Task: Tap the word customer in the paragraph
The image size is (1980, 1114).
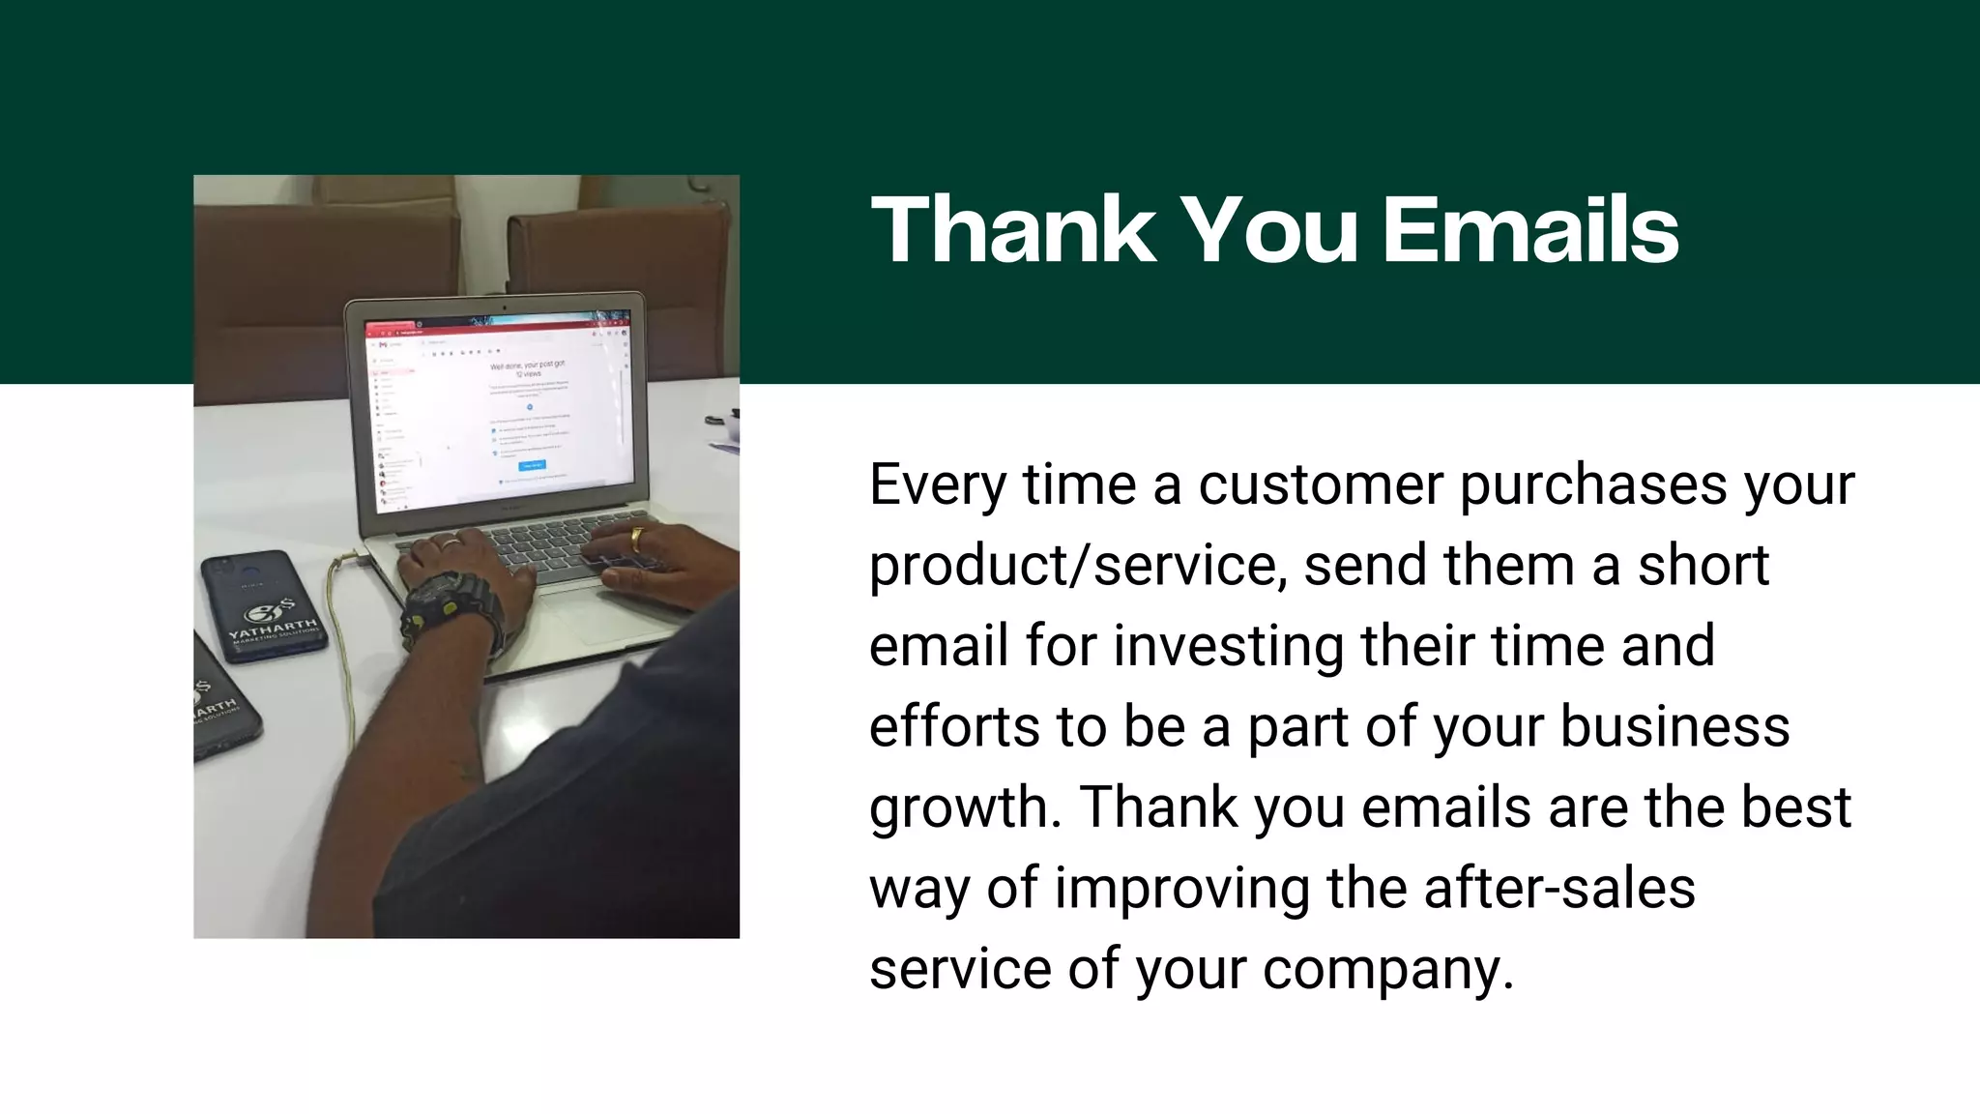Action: pos(1320,484)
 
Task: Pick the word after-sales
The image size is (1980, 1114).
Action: pos(1558,889)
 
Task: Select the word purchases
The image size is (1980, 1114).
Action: pos(1592,484)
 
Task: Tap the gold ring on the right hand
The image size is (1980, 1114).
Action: pos(637,537)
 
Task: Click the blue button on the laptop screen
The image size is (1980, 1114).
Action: pos(532,465)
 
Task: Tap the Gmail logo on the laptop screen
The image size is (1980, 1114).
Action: pos(383,344)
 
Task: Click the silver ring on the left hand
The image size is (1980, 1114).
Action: pos(451,544)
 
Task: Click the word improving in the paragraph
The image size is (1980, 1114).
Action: pos(1181,889)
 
